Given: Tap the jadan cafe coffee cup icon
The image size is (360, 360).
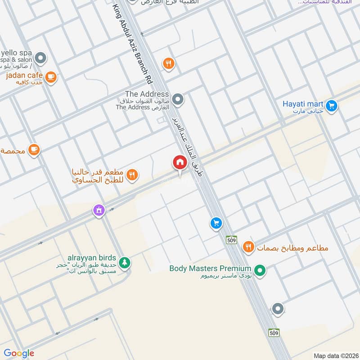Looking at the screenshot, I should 51,76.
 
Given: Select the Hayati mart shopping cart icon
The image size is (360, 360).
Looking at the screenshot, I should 332,106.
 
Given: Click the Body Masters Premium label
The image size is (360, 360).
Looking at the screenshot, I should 210,269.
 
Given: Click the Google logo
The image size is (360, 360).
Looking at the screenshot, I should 18,353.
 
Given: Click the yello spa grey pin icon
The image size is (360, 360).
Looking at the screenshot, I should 40,58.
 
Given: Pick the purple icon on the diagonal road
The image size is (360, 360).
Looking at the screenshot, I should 99,210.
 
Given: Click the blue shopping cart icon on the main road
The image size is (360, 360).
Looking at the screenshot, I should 216,223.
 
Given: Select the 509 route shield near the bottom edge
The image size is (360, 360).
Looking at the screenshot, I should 274,333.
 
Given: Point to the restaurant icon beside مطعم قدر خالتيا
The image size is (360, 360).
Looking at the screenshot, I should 132,175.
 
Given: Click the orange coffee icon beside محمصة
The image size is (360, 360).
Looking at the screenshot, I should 34,149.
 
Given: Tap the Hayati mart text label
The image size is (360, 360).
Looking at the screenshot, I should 303,104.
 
